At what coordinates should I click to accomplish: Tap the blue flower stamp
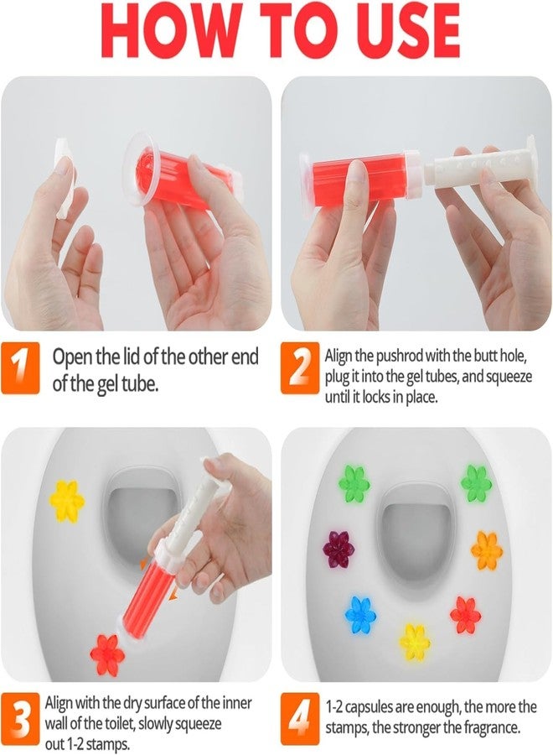360,615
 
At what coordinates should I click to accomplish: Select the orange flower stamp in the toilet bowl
487,550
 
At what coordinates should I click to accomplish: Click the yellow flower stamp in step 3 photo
67,500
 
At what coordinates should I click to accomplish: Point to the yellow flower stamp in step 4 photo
414,642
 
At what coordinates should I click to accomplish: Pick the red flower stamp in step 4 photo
465,615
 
